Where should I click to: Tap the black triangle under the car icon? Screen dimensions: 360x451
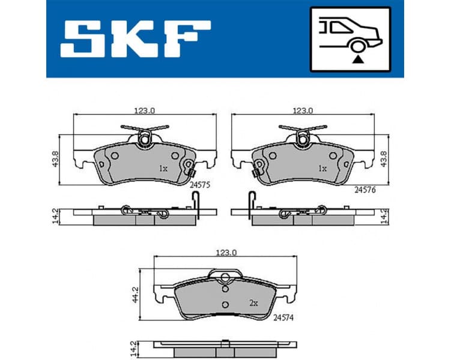click(x=359, y=58)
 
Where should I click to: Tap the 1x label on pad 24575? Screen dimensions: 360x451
click(x=163, y=169)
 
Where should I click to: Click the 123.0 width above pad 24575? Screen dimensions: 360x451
click(x=144, y=110)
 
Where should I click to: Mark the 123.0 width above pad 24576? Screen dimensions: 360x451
click(x=302, y=110)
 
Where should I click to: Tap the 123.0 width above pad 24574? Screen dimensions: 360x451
click(x=226, y=253)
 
